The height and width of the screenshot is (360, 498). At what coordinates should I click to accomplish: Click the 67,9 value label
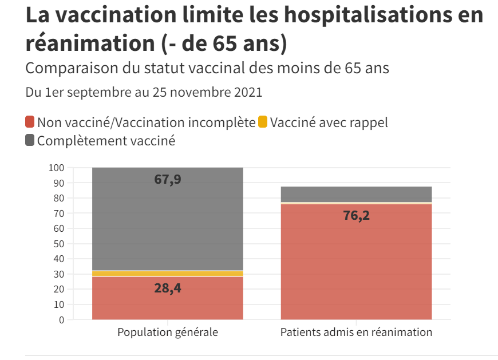[168, 179]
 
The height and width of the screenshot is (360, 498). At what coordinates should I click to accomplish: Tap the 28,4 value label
[168, 288]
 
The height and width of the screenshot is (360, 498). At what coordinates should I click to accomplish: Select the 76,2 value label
[357, 216]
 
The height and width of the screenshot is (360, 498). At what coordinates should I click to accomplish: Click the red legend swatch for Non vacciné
[30, 122]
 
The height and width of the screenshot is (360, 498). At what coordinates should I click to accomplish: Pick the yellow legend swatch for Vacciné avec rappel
[263, 122]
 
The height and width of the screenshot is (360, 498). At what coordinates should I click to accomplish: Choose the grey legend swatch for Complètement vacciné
[30, 141]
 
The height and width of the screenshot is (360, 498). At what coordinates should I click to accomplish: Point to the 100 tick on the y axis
[57, 168]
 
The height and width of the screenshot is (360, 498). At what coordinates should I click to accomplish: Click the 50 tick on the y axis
[59, 244]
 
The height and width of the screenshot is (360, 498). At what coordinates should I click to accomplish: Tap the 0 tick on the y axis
[61, 320]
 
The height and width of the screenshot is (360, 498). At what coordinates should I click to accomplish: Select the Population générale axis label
[168, 333]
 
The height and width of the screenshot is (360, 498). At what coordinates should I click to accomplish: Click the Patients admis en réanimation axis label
[356, 333]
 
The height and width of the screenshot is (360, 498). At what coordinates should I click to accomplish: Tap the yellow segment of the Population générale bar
[168, 274]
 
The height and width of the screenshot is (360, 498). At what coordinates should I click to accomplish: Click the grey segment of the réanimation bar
[356, 194]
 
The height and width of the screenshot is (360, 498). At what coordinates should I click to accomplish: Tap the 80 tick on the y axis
[59, 199]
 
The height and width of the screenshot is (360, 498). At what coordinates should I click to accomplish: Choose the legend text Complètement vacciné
[106, 141]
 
